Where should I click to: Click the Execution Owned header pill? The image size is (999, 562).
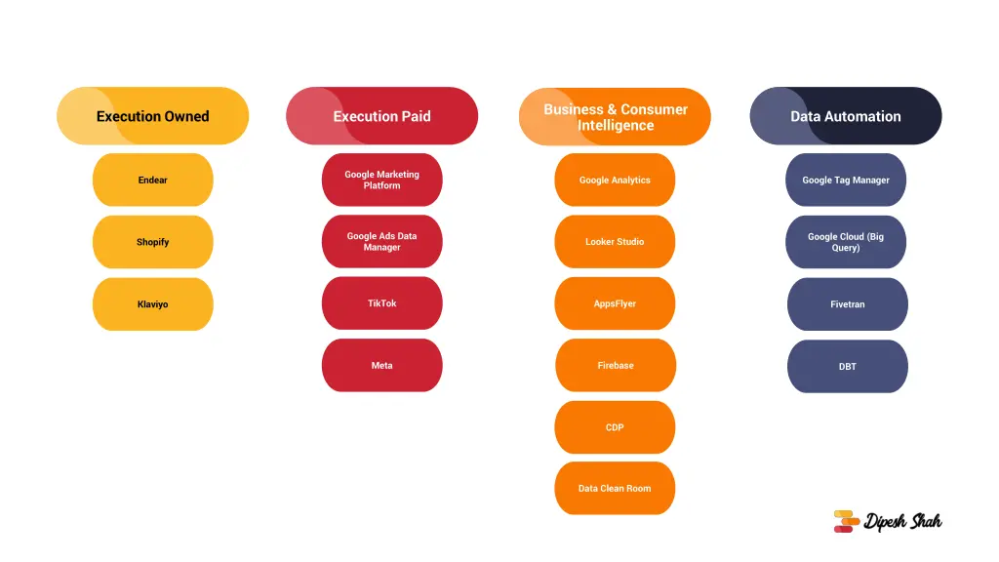tap(153, 116)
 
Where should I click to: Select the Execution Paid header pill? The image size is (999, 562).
tap(381, 116)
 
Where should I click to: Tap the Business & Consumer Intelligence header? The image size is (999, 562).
tap(615, 117)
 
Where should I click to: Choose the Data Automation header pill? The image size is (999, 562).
tap(846, 116)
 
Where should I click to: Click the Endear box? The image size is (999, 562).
tap(153, 180)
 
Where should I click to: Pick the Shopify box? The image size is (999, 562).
tap(153, 242)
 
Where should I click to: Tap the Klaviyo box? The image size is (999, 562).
tap(153, 304)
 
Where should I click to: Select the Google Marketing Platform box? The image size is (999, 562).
tap(381, 180)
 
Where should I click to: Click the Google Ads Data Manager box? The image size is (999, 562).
tap(381, 242)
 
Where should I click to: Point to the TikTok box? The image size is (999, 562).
tap(381, 303)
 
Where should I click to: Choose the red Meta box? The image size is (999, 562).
tap(381, 365)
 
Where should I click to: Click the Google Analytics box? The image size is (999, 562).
tap(615, 180)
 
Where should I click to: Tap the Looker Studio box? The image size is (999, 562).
tap(615, 242)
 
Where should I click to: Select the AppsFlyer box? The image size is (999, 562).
tap(615, 303)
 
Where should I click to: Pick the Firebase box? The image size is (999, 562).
tap(616, 365)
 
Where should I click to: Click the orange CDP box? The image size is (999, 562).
tap(615, 427)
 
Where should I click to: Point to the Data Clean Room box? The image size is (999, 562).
tap(615, 488)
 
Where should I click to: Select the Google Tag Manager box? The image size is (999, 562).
tap(846, 180)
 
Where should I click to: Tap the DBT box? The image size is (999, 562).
tap(848, 367)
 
